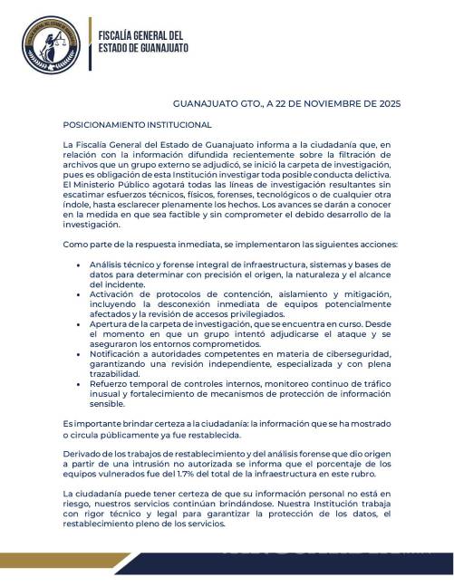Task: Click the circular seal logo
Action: coord(51,44)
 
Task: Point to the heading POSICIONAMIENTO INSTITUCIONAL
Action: coord(137,124)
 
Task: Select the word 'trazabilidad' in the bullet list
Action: coord(114,374)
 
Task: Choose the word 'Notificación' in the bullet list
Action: coord(117,355)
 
